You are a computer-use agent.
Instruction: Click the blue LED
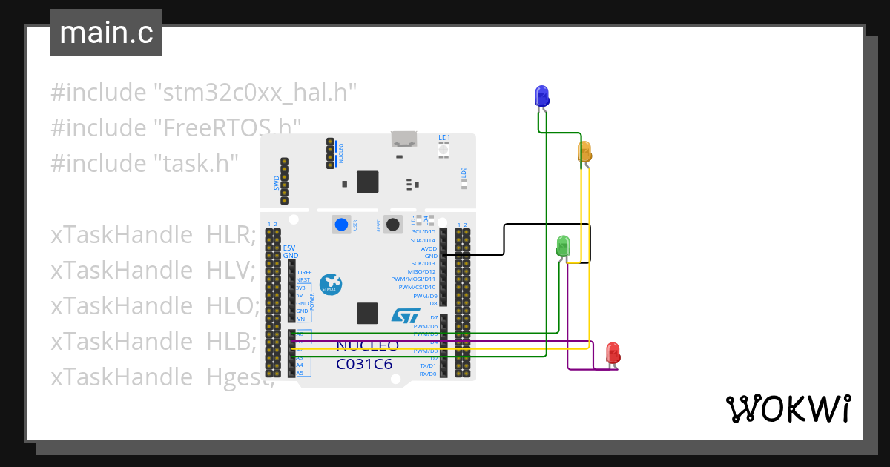tap(542, 96)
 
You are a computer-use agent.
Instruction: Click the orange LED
tap(584, 152)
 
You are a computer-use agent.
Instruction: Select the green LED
tap(563, 246)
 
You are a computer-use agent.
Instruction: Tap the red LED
tap(613, 352)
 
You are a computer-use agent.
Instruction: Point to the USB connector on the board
tap(404, 139)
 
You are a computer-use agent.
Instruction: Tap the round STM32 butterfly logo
tap(330, 285)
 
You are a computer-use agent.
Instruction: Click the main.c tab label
tap(106, 33)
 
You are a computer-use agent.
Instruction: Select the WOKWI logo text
tap(788, 408)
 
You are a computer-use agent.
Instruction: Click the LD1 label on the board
tap(444, 138)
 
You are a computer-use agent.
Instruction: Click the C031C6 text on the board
tap(364, 364)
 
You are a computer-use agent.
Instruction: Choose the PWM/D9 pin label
tap(425, 295)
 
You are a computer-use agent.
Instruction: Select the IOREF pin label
tap(304, 272)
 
